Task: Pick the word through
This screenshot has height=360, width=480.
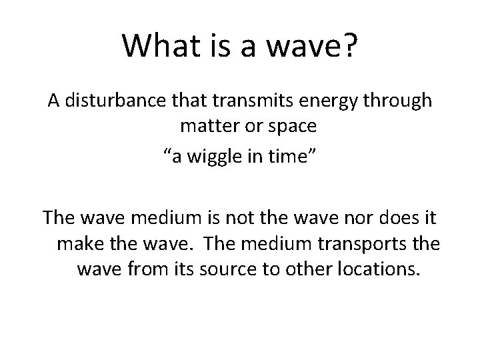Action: pyautogui.click(x=397, y=101)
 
